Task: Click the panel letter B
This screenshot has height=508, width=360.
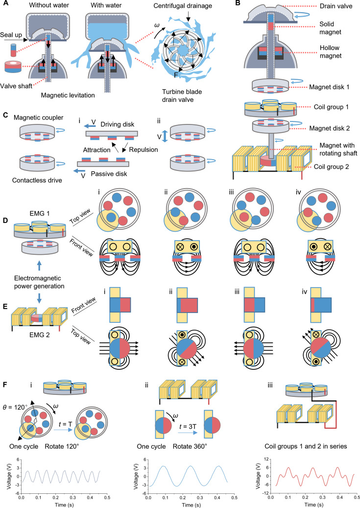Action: point(238,3)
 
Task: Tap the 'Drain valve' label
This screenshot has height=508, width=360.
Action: point(336,6)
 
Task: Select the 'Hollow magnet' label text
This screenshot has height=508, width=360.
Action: point(330,52)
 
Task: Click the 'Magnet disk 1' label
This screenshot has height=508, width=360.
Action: point(329,87)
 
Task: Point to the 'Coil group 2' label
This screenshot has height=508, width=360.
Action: point(331,167)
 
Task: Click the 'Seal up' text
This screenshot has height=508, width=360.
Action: point(11,35)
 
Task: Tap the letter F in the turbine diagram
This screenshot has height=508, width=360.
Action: point(176,75)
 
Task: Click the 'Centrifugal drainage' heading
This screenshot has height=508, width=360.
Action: point(183,6)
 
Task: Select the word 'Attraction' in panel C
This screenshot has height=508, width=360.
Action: point(96,150)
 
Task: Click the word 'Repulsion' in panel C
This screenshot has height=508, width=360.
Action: point(143,150)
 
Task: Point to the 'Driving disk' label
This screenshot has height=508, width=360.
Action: point(117,124)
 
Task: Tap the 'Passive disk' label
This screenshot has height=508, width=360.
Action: point(109,174)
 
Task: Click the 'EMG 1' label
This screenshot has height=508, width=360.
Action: point(40,214)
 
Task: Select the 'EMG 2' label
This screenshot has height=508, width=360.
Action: point(40,335)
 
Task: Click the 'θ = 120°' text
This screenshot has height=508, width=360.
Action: point(16,407)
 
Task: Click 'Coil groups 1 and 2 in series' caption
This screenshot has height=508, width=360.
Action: point(306,446)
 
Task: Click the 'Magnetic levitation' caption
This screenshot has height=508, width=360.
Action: point(68,95)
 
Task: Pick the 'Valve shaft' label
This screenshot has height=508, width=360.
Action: point(16,86)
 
